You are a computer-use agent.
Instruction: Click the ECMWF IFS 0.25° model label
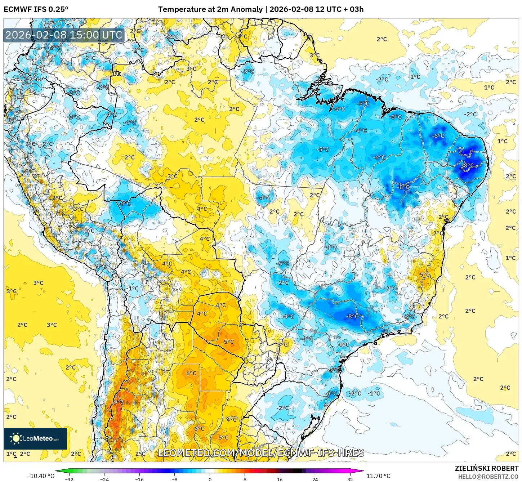[x=36, y=9]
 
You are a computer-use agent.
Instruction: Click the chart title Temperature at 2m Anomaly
[x=210, y=9]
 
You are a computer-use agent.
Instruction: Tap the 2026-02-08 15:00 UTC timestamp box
[x=64, y=35]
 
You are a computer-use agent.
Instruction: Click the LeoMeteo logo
[x=35, y=438]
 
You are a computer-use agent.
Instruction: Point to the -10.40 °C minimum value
[x=41, y=476]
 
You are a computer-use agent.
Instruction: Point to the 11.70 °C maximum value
[x=378, y=476]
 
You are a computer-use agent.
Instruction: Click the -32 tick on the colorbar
[x=69, y=479]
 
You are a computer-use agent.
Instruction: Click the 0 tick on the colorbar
[x=210, y=479]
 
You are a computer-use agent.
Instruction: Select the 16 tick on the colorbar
[x=280, y=479]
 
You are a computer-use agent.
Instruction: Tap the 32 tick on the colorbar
[x=350, y=479]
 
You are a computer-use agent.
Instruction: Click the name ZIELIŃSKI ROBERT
[x=486, y=468]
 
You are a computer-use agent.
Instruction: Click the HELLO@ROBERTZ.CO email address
[x=488, y=477]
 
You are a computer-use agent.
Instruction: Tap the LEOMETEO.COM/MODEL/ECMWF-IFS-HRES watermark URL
[x=261, y=453]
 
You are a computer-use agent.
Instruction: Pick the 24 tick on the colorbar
[x=315, y=479]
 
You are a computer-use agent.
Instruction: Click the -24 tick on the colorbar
[x=104, y=479]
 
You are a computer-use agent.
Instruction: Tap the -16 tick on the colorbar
[x=139, y=479]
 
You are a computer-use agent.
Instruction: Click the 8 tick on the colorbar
[x=245, y=479]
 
